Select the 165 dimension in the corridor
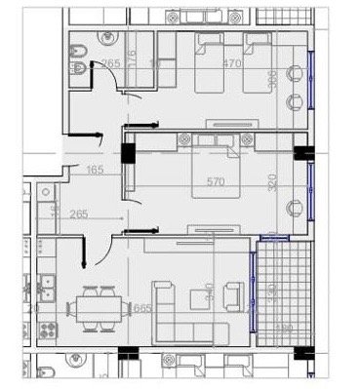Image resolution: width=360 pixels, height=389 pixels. pyautogui.click(x=95, y=171)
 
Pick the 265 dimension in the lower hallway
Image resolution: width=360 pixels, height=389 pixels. pyautogui.click(x=80, y=215)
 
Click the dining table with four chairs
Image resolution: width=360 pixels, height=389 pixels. pyautogui.click(x=98, y=310)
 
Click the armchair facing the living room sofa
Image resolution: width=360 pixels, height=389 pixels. pyautogui.click(x=233, y=292)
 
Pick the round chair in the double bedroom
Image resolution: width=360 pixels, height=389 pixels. pyautogui.click(x=295, y=206)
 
